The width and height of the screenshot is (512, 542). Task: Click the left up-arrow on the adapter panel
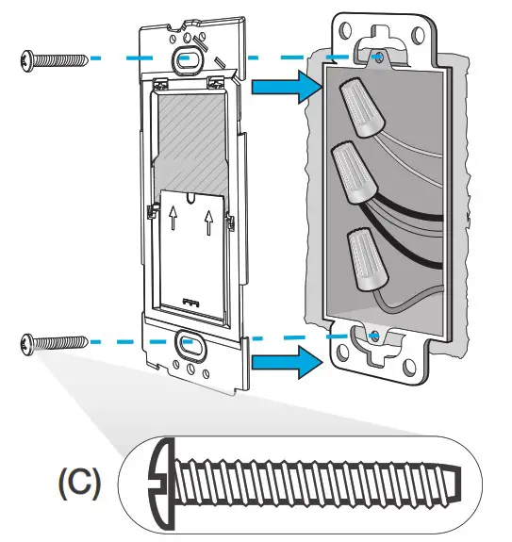tap(173, 220)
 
